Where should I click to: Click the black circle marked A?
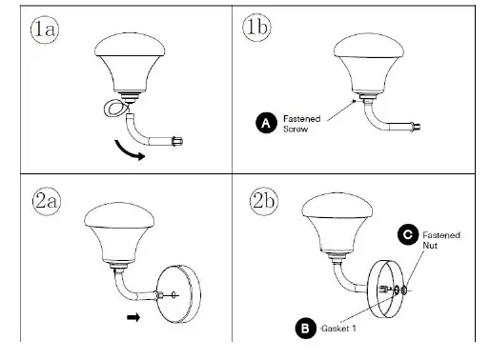(x=268, y=122)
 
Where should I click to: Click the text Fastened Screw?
(x=303, y=122)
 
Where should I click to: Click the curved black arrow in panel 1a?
(x=129, y=150)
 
